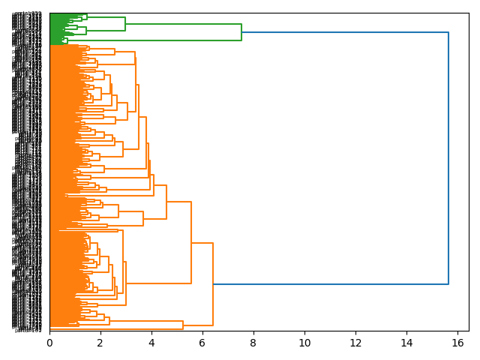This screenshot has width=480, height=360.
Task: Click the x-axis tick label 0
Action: [49, 343]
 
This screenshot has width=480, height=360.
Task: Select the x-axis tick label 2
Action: [100, 343]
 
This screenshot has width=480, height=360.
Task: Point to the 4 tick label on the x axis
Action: [151, 343]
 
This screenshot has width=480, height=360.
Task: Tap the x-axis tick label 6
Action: [202, 343]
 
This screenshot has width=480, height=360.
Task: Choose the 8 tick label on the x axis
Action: [253, 343]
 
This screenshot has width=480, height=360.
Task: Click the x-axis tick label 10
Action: [304, 343]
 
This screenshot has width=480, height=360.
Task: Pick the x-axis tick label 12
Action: [355, 343]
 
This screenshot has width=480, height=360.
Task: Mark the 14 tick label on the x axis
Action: [406, 343]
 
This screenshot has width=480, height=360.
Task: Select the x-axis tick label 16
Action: [457, 343]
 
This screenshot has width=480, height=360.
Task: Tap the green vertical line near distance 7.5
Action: [241, 32]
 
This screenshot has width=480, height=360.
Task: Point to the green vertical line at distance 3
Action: [125, 24]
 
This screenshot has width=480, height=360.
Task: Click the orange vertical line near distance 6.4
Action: [213, 284]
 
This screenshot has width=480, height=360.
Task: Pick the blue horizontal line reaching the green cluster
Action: [345, 32]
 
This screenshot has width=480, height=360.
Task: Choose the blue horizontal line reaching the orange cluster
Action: [330, 284]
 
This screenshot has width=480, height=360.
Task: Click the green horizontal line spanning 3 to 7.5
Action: [184, 24]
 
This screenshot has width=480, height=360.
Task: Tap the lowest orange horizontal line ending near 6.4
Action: [198, 325]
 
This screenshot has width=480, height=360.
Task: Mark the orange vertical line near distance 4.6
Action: [166, 202]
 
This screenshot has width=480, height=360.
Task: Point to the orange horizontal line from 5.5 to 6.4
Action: [202, 243]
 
